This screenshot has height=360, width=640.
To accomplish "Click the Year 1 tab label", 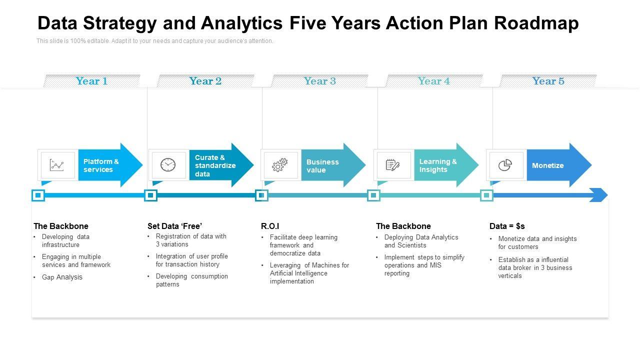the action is click(91, 81).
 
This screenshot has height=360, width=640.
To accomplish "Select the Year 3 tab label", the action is click(319, 81).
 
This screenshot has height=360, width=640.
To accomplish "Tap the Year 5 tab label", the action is click(548, 81).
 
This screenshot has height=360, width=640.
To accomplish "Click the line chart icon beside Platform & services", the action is click(57, 165).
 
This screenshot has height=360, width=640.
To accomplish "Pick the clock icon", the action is click(168, 165).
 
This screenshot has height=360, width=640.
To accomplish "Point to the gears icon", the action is click(279, 165).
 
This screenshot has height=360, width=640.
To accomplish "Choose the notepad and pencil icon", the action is click(392, 165).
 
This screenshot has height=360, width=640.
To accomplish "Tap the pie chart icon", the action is click(505, 165).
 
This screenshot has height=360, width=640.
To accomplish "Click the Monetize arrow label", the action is click(547, 165).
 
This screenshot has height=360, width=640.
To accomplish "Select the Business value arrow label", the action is click(322, 166).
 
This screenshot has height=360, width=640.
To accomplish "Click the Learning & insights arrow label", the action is click(438, 165).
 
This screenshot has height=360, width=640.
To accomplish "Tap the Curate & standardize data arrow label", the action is click(215, 165).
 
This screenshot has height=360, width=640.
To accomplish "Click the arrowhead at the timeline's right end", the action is click(599, 195).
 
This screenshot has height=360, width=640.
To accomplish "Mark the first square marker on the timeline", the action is click(38, 195).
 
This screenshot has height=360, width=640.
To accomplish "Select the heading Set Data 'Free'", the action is click(174, 226).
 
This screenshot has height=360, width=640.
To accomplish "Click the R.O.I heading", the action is click(270, 226).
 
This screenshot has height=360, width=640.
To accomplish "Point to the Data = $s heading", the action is click(507, 226).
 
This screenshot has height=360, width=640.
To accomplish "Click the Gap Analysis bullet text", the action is click(62, 277).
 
